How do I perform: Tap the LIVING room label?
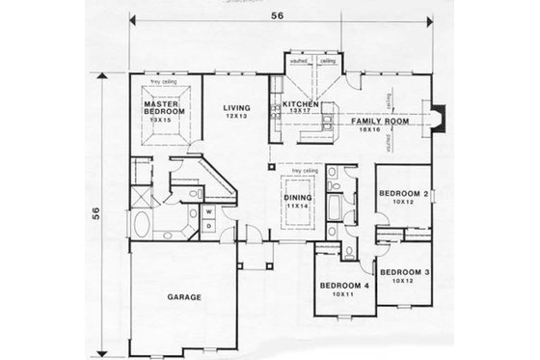(x=235, y=108)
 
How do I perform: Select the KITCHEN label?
(x=300, y=102)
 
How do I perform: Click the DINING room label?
(x=298, y=198)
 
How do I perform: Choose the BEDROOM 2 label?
(x=403, y=193)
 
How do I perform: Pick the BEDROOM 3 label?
(x=403, y=272)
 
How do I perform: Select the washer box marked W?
(x=208, y=208)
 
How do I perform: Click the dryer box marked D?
(x=208, y=224)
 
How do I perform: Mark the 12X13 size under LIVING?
(x=235, y=117)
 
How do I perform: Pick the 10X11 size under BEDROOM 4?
(x=341, y=296)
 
